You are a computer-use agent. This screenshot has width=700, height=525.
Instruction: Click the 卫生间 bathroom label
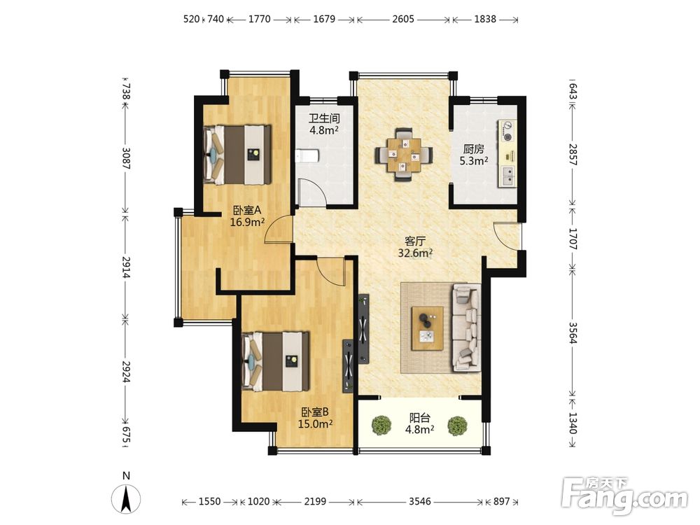coord(325,118)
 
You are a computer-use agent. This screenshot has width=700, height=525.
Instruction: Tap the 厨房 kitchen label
coord(474,149)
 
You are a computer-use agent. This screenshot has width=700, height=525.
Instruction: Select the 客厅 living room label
coord(415,241)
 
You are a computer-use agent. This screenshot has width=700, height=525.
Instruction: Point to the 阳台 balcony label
coord(420,418)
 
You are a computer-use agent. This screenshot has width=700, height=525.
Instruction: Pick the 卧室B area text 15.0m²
coord(315,423)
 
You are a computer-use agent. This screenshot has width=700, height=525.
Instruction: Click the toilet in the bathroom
coord(307,156)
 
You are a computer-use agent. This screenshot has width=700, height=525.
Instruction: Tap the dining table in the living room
coord(404,155)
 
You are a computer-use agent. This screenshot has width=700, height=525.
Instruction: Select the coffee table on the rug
coord(428,328)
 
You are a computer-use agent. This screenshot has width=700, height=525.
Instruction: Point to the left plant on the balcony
coord(381,426)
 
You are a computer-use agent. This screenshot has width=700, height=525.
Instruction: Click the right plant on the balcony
coord(458,426)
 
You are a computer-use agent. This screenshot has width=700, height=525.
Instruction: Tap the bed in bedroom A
coord(237,155)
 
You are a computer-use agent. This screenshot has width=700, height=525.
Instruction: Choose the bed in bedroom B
coord(275,361)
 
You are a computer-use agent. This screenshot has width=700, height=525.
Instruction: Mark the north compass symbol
coord(126,498)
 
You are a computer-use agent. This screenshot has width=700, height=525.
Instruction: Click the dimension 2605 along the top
coord(404,19)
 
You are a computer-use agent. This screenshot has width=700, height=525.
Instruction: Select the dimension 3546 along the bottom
coord(420,501)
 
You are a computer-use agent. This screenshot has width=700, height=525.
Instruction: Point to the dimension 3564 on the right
coord(573,332)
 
